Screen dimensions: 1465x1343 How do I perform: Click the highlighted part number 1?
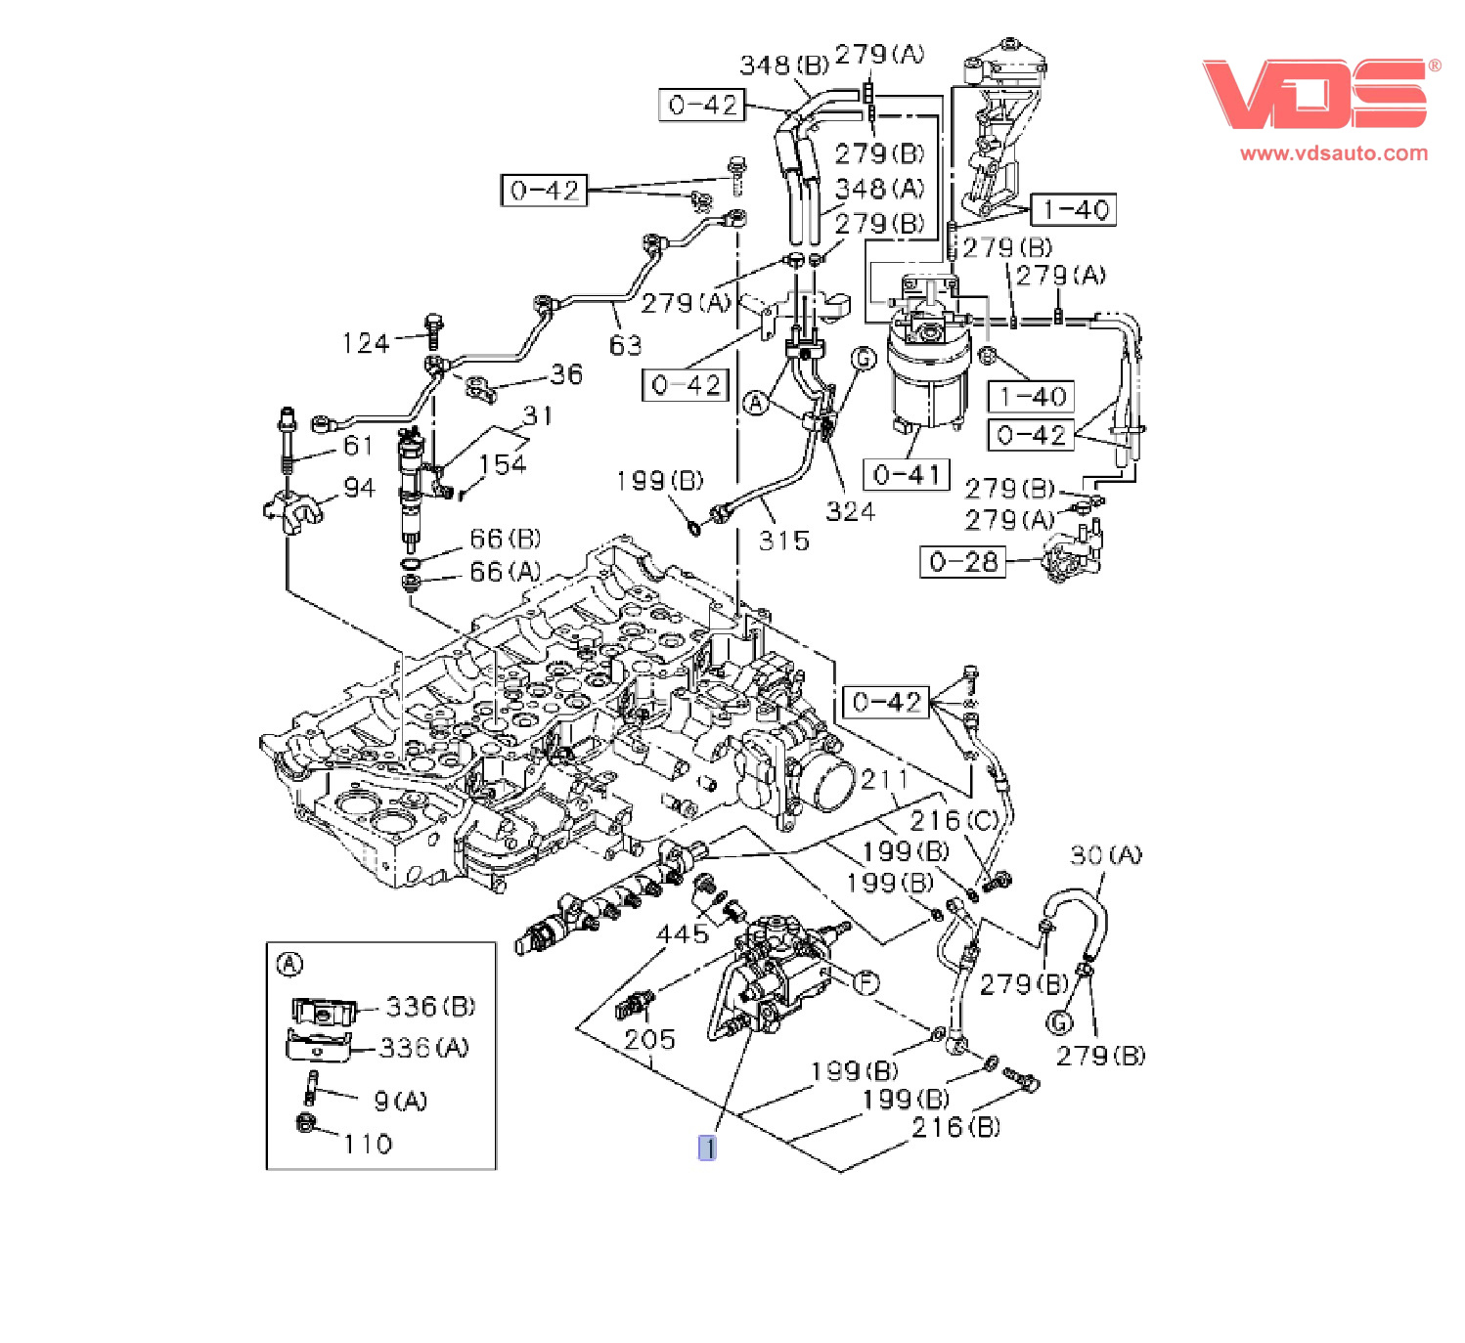tap(707, 1148)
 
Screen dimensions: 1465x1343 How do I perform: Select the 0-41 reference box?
tap(907, 475)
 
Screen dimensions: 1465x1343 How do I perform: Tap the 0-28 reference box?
tap(962, 561)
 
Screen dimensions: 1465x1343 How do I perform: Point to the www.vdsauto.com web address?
tap(1334, 153)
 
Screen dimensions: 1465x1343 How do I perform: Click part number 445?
tap(682, 932)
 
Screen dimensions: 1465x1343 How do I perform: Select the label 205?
tap(649, 1039)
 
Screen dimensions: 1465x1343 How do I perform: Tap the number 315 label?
tap(783, 541)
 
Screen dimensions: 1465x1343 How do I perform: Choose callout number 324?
tap(850, 511)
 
